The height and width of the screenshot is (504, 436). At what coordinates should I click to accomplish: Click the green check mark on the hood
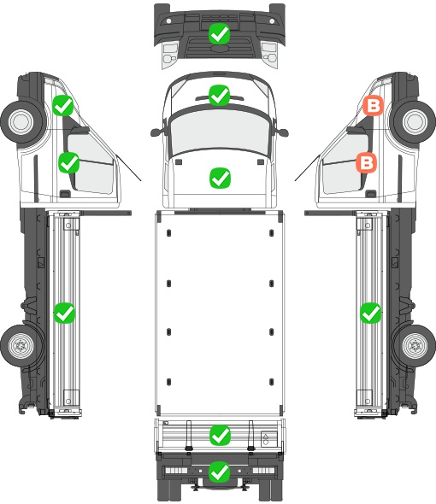point(220,178)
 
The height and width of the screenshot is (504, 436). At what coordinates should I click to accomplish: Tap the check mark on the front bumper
point(219,34)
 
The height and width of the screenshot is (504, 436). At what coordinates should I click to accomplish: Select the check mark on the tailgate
point(220,436)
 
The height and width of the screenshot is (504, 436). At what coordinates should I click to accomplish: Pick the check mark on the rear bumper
point(220,472)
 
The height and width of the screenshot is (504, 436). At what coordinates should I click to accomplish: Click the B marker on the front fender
point(374,106)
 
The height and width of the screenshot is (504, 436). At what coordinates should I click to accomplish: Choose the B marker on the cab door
point(367,162)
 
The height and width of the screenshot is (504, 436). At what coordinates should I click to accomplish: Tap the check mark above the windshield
point(220,95)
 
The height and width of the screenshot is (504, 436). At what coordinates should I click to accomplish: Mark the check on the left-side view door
point(69,162)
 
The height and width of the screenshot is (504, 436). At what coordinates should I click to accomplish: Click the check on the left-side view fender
point(63,105)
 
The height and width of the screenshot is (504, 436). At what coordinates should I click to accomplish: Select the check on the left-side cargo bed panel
point(64,313)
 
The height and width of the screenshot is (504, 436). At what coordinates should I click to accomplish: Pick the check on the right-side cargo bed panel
point(371,313)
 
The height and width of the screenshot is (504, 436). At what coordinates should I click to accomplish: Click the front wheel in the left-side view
point(21,121)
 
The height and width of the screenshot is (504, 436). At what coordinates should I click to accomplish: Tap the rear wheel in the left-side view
point(21,345)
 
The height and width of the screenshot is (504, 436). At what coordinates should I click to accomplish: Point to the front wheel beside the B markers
point(415,121)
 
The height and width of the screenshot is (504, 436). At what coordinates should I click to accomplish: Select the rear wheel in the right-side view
point(415,345)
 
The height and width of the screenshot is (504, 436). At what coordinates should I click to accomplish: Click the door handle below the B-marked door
point(371,194)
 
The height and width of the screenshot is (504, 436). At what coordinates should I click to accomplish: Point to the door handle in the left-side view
point(65,194)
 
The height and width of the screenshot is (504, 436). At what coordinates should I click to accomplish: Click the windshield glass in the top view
point(220,131)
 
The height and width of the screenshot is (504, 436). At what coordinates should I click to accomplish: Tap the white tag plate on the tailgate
point(269,439)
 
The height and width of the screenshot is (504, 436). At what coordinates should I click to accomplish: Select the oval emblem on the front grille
point(220,48)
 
